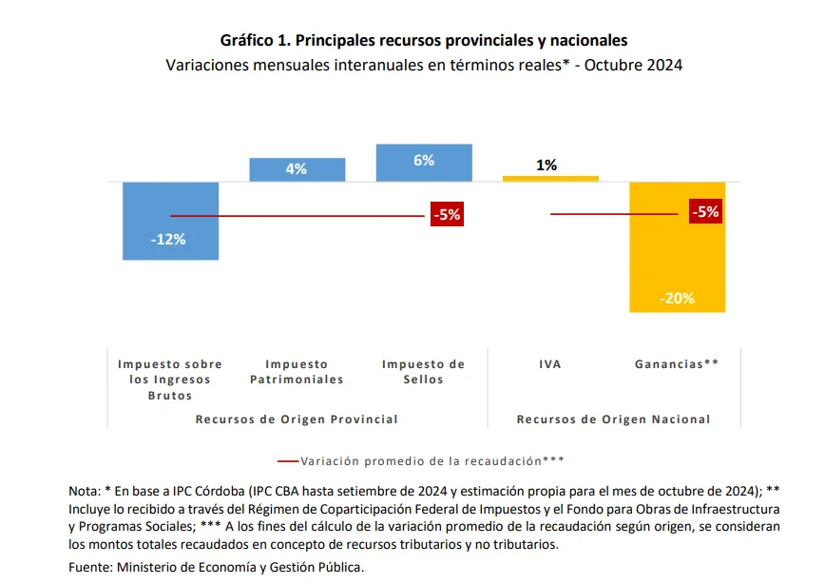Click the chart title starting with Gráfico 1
pos(424,41)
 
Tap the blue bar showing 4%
pos(296,169)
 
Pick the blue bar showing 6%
pos(424,163)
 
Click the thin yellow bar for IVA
pos(550,178)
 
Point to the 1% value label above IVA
pos(547,165)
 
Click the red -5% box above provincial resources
pos(447,215)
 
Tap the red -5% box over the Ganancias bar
pos(706,212)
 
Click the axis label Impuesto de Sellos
pos(423,372)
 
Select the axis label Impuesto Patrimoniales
pos(296,372)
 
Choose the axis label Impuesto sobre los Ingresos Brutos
pos(170,380)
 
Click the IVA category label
pos(550,364)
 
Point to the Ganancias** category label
pos(677,364)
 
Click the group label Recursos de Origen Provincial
pos(297,419)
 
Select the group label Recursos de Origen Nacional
pos(613,419)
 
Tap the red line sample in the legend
pos(287,460)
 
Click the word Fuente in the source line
pos(90,567)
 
